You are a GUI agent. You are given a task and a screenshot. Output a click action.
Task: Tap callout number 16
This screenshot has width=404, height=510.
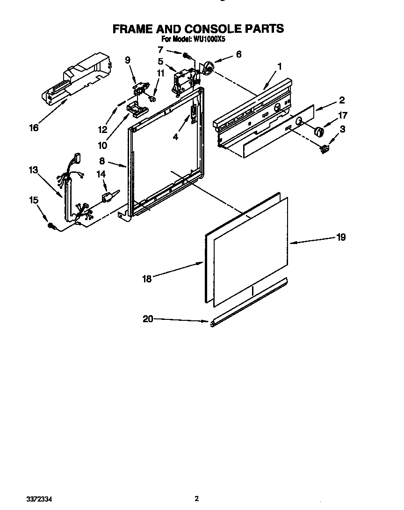34,127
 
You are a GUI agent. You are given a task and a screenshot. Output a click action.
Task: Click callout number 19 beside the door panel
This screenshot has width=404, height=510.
341,237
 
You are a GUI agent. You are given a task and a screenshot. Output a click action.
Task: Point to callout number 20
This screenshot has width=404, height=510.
148,319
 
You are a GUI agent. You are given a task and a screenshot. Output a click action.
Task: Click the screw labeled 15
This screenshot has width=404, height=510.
51,226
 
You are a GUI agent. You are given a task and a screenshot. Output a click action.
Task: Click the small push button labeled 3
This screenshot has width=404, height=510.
324,149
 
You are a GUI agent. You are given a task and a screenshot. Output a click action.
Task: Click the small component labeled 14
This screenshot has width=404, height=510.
108,197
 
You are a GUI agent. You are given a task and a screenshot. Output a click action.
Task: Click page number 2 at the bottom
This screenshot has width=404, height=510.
197,499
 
